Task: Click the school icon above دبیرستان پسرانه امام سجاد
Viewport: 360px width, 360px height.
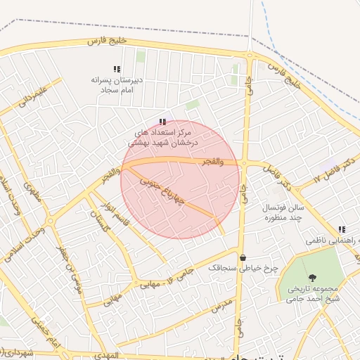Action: pos(117,69)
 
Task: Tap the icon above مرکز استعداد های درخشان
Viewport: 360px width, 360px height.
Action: pos(162,122)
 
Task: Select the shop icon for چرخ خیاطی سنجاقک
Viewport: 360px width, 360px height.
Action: pos(243,257)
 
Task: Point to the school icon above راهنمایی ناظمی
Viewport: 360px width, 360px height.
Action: pos(342,229)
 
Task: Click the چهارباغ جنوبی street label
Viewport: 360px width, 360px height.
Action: pos(163,189)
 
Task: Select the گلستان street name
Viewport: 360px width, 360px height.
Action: pos(98,216)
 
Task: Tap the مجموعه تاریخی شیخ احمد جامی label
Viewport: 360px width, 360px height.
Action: pos(313,293)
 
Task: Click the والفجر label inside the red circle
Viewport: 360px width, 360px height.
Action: pos(210,162)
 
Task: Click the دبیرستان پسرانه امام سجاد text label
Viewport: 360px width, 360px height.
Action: pos(117,85)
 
